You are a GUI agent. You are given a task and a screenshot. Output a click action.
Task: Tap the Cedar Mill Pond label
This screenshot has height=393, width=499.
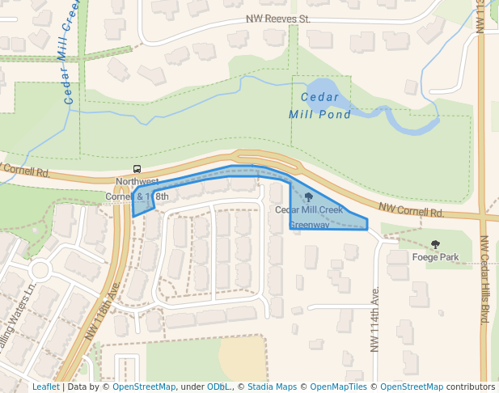(319, 106)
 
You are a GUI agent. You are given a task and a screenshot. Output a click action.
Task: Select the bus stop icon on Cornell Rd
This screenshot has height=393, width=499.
(137, 169)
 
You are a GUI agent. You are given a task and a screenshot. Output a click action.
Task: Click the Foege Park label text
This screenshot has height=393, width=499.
(435, 257)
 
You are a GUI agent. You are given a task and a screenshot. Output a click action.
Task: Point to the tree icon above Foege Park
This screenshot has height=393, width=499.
(436, 244)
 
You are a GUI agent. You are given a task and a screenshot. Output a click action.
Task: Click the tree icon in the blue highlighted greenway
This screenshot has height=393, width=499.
(308, 196)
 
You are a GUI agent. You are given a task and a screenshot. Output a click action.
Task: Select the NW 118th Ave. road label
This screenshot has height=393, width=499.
(103, 311)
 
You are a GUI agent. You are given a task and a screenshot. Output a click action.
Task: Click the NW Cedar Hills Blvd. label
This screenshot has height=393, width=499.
(485, 280)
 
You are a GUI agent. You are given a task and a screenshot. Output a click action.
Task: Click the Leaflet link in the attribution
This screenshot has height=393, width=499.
(45, 387)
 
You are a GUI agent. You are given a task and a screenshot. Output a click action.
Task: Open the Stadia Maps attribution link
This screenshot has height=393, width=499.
(272, 387)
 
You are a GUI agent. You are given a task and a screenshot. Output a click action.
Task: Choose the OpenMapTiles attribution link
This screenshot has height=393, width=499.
(340, 387)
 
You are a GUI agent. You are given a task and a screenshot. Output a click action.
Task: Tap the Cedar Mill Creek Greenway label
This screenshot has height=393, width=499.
(319, 217)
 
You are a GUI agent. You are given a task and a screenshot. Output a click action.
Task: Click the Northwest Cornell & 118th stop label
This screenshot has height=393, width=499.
(137, 189)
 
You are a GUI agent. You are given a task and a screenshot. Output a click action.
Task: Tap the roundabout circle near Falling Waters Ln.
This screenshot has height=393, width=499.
(38, 269)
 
